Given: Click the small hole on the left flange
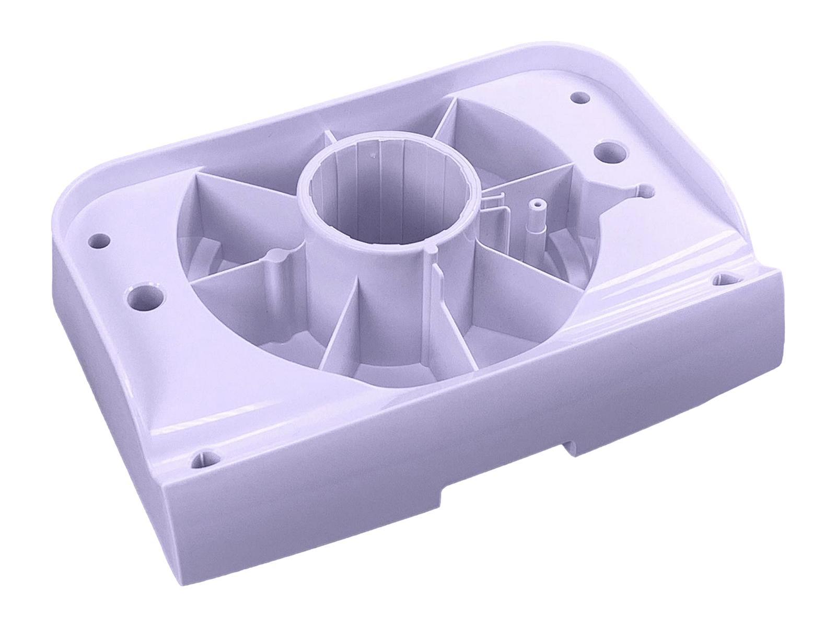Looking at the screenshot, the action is coord(100,241).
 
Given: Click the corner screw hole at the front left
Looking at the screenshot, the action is coord(203,460).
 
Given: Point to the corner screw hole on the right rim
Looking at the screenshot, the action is coord(725,277).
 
